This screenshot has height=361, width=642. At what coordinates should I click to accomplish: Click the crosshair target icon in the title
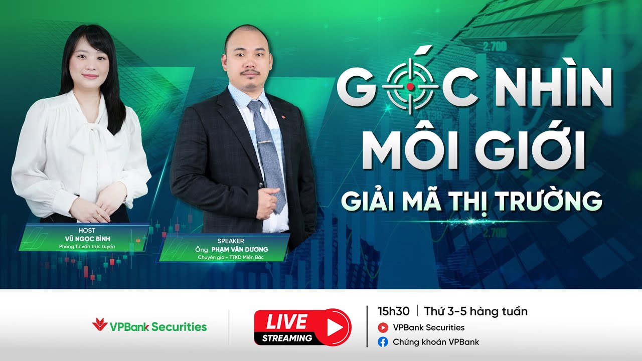(x=410, y=87)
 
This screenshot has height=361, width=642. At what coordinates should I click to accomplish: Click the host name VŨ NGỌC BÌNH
(x=87, y=239)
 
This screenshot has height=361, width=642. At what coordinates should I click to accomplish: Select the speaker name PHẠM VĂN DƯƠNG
(x=240, y=249)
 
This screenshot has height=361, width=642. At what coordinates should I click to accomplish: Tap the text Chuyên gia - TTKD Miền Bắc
(x=231, y=258)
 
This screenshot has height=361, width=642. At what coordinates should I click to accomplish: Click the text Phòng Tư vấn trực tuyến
(x=87, y=247)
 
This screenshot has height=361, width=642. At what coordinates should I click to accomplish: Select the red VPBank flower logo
(x=100, y=324)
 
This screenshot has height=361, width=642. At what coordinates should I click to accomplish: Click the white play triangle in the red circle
(x=333, y=327)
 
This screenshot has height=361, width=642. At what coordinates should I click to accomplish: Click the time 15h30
(x=394, y=311)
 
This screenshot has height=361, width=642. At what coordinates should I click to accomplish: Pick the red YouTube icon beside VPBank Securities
(x=384, y=328)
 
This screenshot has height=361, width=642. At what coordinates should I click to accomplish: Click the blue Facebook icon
(x=384, y=342)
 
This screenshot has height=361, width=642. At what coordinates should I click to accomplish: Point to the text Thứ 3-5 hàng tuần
(x=475, y=311)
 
